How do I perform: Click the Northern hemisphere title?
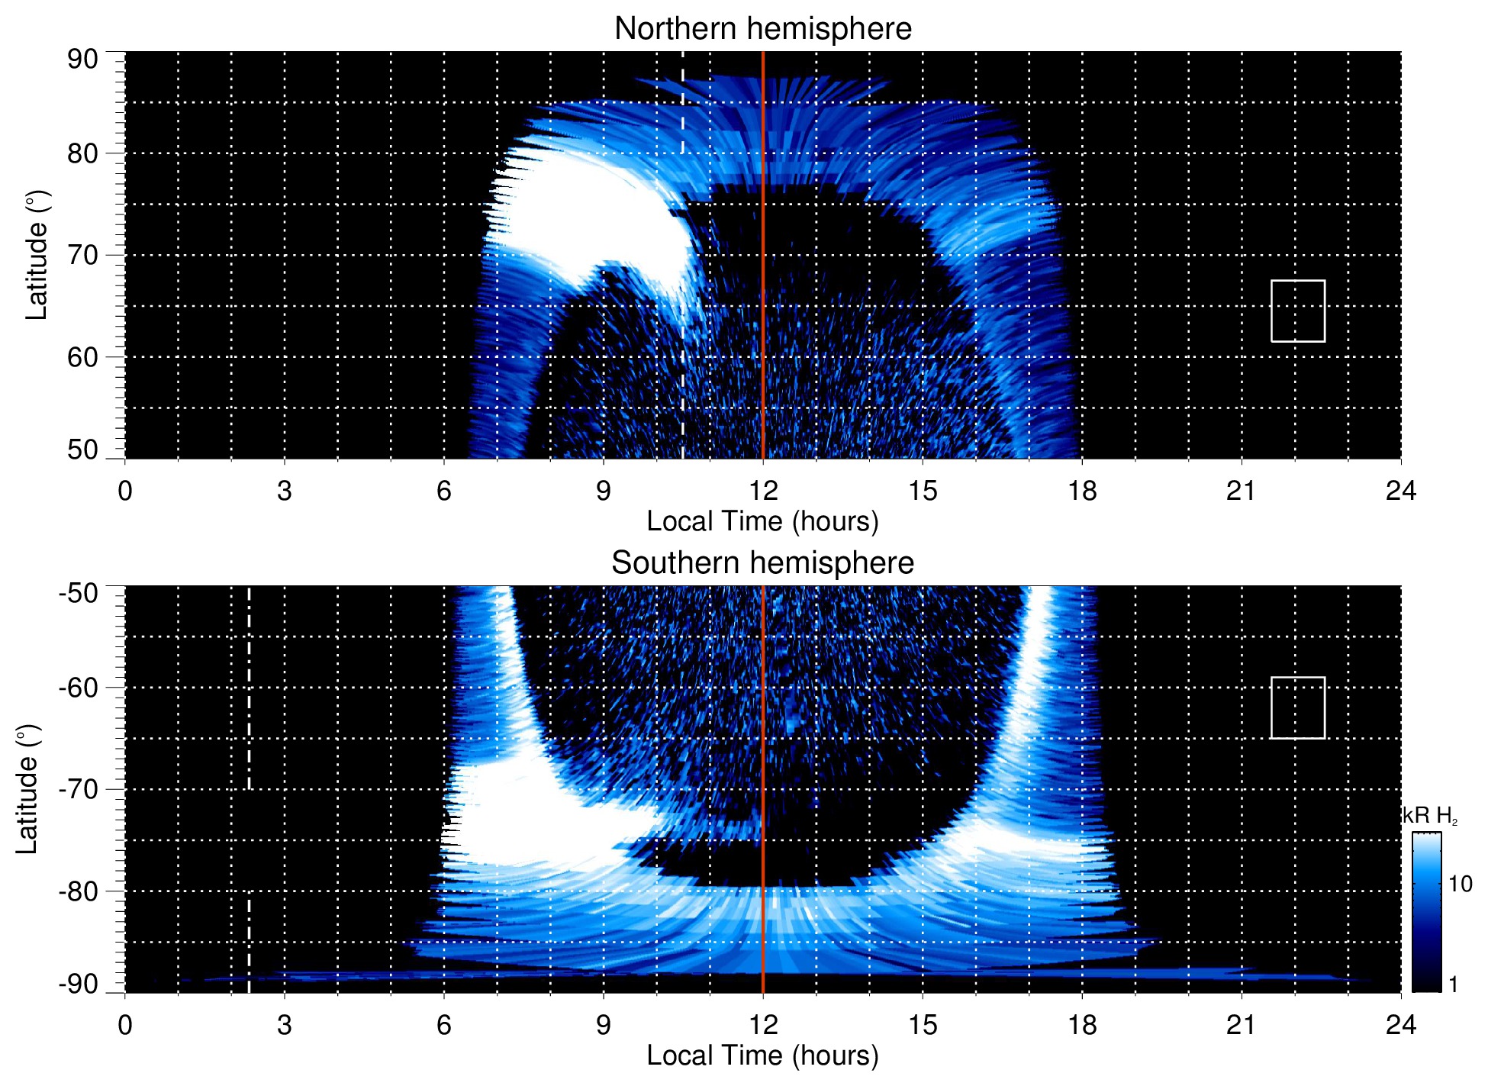pyautogui.click(x=762, y=29)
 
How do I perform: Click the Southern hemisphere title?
pyautogui.click(x=762, y=563)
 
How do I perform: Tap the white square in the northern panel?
pyautogui.click(x=1297, y=311)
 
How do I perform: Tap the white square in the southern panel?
pyautogui.click(x=1297, y=707)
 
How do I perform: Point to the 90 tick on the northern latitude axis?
pyautogui.click(x=82, y=60)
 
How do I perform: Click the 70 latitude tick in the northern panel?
pyautogui.click(x=82, y=255)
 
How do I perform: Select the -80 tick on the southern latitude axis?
pyautogui.click(x=78, y=891)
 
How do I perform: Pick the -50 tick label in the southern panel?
pyautogui.click(x=78, y=593)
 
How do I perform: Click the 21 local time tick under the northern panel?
pyautogui.click(x=1241, y=491)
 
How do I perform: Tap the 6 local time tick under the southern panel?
pyautogui.click(x=443, y=1025)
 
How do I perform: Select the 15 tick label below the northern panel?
pyautogui.click(x=922, y=491)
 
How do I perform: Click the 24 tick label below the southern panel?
pyautogui.click(x=1400, y=1025)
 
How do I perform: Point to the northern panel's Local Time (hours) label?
pyautogui.click(x=762, y=521)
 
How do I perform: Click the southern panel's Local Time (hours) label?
pyautogui.click(x=762, y=1055)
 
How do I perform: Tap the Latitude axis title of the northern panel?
pyautogui.click(x=37, y=255)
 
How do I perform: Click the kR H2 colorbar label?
pyautogui.click(x=1429, y=816)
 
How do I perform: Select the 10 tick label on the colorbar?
pyautogui.click(x=1460, y=884)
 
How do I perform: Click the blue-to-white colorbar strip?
pyautogui.click(x=1425, y=911)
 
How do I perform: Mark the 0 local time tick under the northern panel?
pyautogui.click(x=125, y=491)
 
